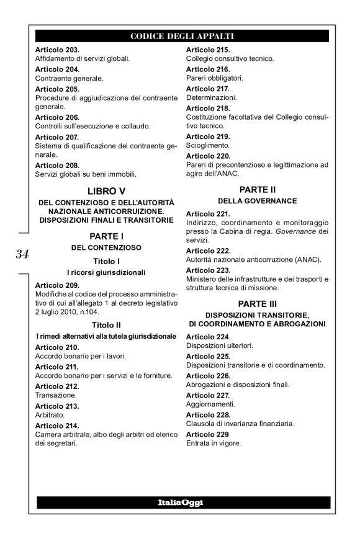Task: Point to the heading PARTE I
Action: tap(105, 236)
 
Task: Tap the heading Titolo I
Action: tap(105, 261)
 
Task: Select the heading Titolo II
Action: tap(105, 324)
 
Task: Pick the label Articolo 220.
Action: tap(208, 155)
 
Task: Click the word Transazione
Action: tap(56, 394)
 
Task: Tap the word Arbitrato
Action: tap(50, 414)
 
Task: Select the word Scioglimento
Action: tap(207, 145)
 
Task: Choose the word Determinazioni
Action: tap(211, 97)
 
